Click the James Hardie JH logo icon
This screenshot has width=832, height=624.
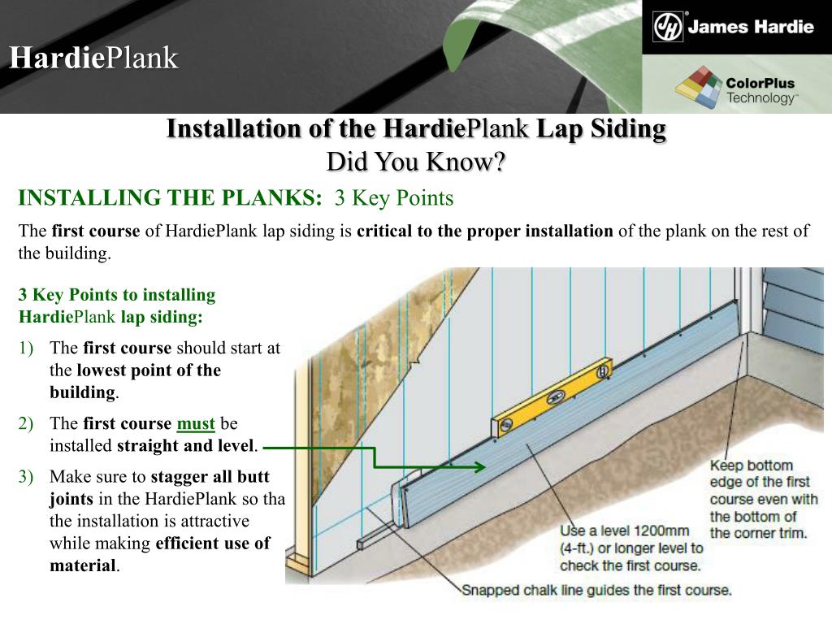click(x=668, y=27)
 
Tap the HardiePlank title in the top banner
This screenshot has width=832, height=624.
click(x=93, y=58)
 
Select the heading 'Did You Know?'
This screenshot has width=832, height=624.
click(x=416, y=161)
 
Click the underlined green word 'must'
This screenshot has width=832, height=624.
click(x=196, y=423)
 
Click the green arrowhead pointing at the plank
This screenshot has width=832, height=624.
click(x=479, y=466)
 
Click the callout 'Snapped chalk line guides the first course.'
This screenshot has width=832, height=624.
click(x=596, y=591)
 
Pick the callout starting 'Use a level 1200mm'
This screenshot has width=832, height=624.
click(x=631, y=548)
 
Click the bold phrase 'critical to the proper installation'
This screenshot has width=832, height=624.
click(x=485, y=231)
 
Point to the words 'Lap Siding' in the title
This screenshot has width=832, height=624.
click(x=601, y=129)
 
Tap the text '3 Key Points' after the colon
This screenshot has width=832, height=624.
click(x=394, y=197)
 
